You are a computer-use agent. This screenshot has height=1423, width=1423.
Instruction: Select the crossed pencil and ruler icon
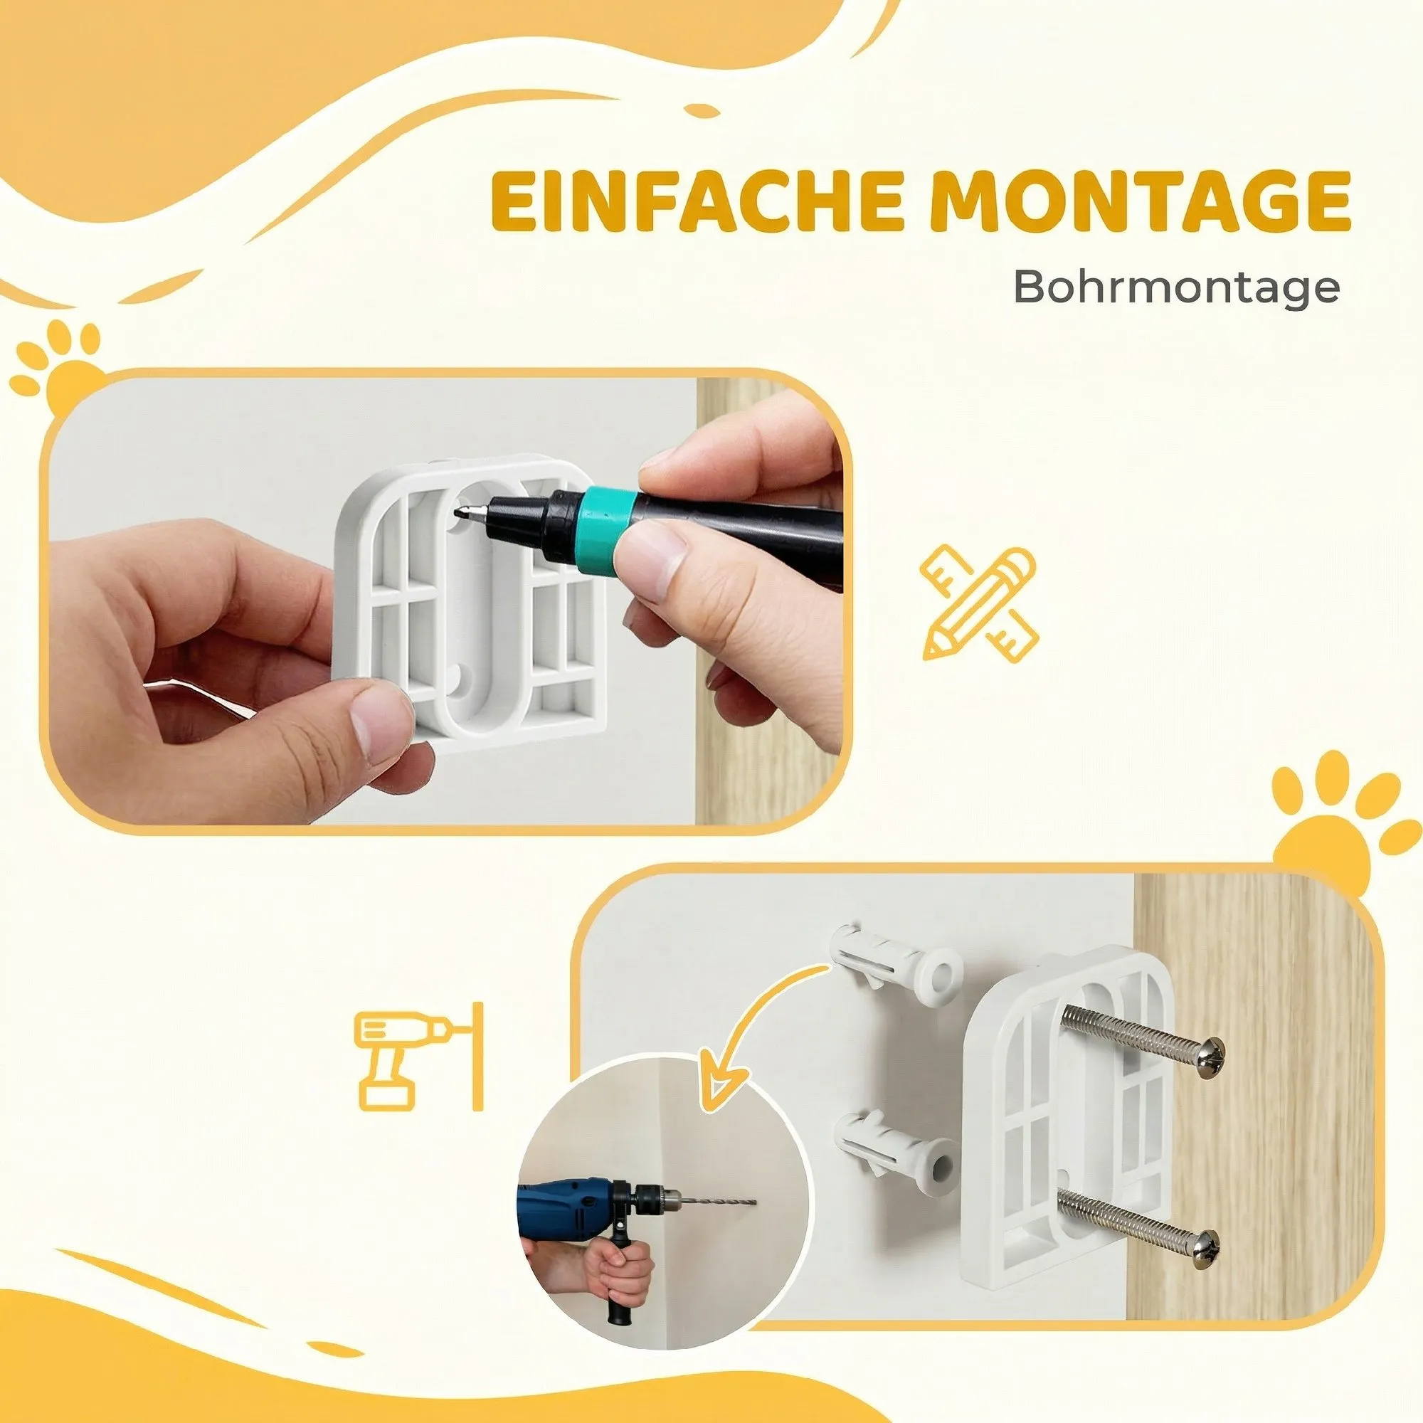point(979,603)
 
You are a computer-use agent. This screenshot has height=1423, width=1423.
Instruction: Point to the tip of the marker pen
point(460,515)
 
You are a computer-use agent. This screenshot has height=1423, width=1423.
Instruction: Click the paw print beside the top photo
point(62,365)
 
